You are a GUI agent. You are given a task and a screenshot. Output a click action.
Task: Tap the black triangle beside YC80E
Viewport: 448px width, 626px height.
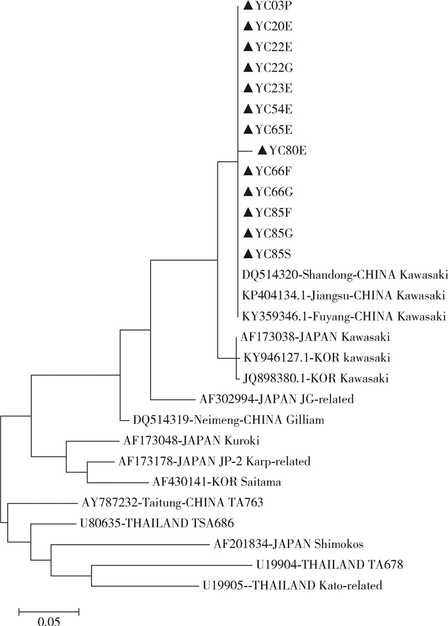pos(262,150)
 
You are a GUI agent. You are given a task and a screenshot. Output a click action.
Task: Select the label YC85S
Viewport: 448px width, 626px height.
pos(270,253)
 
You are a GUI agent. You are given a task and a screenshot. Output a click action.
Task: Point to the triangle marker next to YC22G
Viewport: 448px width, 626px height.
pos(248,67)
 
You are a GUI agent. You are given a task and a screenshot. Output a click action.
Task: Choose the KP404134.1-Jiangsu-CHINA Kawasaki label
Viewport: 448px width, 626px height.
pos(343,295)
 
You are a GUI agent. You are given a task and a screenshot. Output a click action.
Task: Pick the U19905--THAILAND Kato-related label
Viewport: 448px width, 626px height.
pos(292,585)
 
